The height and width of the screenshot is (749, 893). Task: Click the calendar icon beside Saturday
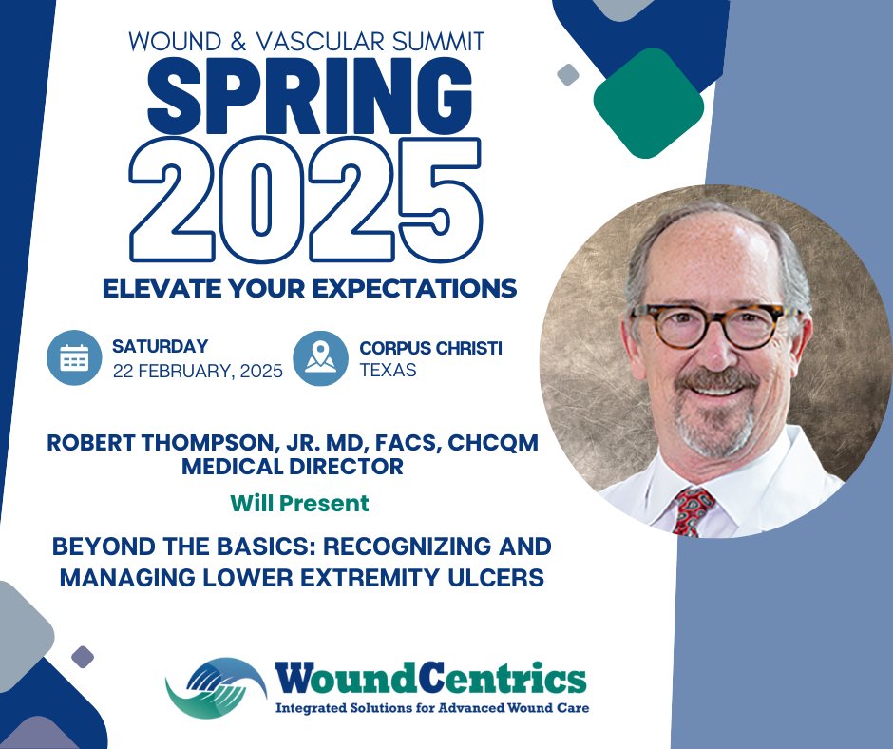74,358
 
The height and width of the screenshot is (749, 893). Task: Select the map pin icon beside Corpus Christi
321,358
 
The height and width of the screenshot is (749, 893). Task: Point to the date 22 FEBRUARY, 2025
198,371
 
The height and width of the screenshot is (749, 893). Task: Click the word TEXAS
388,370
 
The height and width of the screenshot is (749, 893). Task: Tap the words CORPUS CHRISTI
430,348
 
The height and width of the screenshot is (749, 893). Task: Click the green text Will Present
299,503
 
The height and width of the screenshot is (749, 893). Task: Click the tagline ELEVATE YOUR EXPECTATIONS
310,289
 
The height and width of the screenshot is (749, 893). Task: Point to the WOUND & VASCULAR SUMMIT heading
308,42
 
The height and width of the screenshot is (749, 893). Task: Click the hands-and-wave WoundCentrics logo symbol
215,686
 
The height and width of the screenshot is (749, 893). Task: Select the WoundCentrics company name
430,680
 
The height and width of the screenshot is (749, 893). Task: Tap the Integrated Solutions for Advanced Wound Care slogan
431,708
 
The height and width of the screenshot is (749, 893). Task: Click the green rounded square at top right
648,103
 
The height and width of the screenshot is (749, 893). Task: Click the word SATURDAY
160,347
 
